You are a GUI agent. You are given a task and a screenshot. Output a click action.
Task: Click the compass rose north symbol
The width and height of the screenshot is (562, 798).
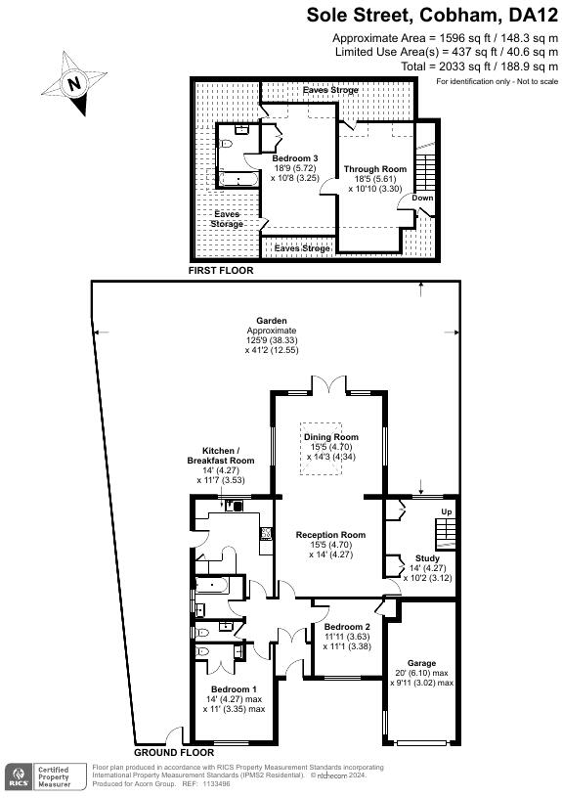point(75,84)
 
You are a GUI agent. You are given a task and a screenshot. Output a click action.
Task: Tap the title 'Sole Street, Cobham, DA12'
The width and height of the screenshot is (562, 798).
point(432,15)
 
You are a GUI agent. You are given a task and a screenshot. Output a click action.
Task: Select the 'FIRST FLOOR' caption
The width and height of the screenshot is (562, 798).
point(222,270)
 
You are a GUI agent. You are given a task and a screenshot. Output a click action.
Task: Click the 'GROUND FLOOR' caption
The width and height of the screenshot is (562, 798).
point(173,753)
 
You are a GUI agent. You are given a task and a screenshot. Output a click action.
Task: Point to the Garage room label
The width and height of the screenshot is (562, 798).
point(421,663)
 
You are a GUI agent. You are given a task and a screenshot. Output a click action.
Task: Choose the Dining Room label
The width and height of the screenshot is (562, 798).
point(330,437)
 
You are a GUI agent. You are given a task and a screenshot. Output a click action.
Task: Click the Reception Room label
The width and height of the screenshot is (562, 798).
point(331,535)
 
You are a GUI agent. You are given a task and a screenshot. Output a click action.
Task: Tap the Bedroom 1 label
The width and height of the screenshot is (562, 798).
point(227,689)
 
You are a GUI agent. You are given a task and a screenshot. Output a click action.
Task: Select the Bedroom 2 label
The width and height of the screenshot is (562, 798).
point(347,626)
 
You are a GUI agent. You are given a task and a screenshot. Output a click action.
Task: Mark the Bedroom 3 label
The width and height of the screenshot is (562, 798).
point(294,158)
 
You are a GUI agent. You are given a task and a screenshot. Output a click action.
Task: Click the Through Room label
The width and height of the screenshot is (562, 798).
point(374,169)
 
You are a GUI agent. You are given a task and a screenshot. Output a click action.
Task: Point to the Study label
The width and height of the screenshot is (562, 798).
point(428,557)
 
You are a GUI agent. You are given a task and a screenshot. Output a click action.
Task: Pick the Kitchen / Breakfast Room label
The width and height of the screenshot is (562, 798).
point(221,455)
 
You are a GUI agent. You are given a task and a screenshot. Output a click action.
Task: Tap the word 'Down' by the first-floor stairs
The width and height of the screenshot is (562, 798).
point(421,198)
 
